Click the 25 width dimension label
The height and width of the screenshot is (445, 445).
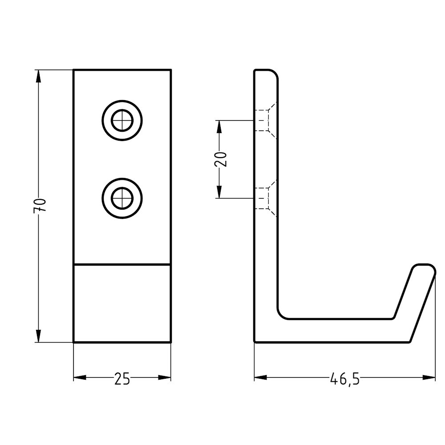pos(122,379)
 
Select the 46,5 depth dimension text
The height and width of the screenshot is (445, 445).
pos(345,379)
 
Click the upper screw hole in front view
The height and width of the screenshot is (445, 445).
pos(122,120)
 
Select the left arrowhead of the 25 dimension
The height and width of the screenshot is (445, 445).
pos(80,378)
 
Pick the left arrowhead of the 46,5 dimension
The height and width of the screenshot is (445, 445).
pos(260,378)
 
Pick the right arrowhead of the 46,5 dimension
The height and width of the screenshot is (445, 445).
pos(429,378)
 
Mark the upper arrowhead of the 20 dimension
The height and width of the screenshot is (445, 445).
pos(218,126)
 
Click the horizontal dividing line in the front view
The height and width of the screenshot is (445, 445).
pos(122,264)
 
